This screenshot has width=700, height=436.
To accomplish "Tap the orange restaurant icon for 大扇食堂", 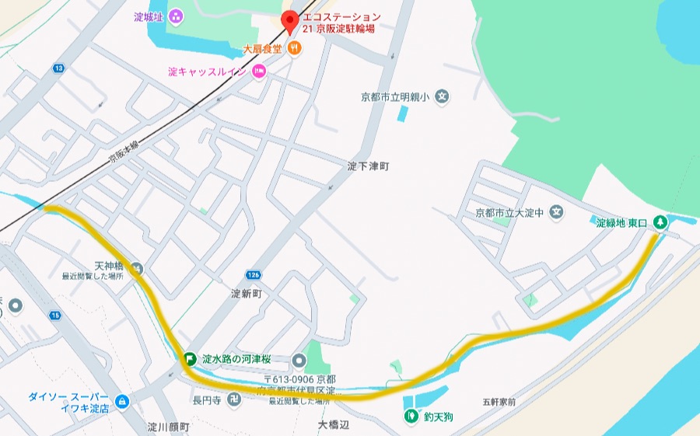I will coord(295,48).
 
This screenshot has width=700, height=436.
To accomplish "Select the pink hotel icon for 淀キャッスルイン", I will coord(259,72).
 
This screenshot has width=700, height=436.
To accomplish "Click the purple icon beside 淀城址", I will coord(176,16).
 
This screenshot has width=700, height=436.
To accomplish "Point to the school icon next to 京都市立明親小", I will coord(443,97).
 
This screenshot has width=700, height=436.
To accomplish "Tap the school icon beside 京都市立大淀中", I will coord(556,211).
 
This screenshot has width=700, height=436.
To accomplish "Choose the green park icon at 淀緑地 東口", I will coord(660,222).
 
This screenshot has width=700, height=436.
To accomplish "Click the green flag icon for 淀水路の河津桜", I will coord(189,359).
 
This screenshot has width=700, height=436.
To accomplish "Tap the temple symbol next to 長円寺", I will coord(235,400).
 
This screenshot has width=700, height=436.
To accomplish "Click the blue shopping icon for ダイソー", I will coord(121,402).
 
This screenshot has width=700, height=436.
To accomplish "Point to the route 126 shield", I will coord(253,275).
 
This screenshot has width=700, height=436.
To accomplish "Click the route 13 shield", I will coord(58,68).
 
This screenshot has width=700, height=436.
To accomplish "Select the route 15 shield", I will coord(54,316).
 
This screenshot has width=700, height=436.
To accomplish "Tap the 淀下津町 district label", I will coord(367,166).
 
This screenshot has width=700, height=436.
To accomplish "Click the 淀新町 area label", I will coord(248,295).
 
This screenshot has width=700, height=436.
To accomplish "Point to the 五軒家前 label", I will coord(499,402).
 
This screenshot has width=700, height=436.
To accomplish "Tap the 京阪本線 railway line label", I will coord(124,156).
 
